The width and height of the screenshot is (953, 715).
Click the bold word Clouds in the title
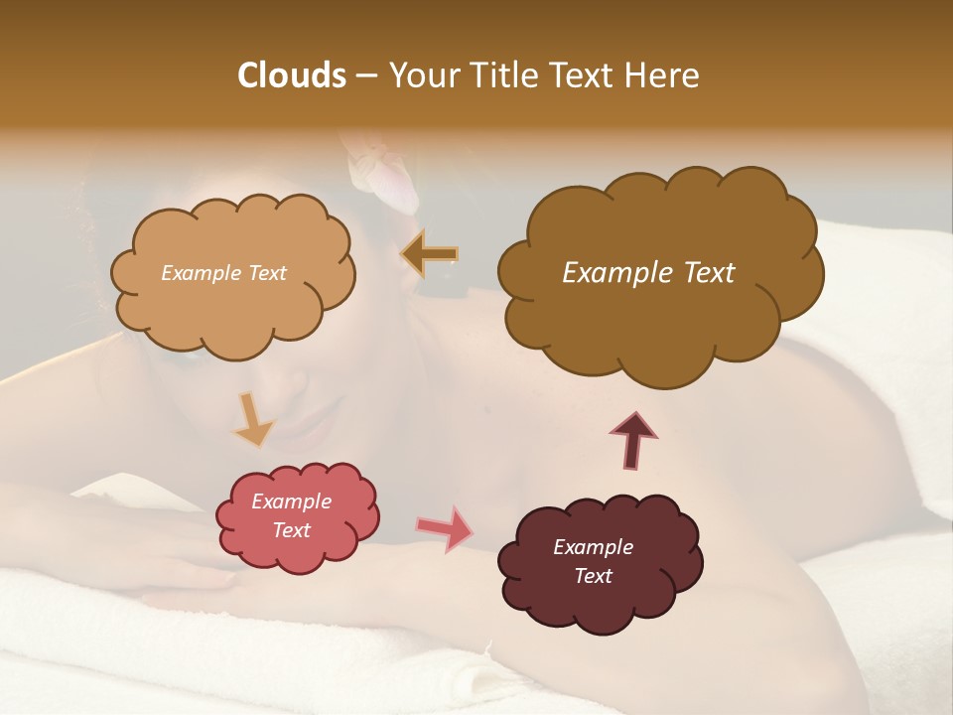pos(292,75)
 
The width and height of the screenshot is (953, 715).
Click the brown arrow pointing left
pos(429,254)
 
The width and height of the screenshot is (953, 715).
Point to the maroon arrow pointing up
pos(633,441)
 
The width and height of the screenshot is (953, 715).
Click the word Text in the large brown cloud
pos(706,273)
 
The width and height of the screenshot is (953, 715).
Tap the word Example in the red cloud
pos(292,501)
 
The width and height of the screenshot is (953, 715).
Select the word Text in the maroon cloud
pos(593,576)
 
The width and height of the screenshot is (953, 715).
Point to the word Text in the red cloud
pos(292,530)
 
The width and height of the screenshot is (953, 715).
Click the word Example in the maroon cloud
pos(593,547)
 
